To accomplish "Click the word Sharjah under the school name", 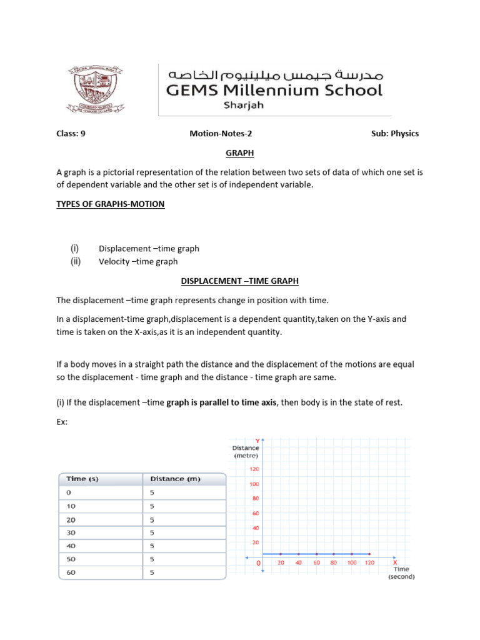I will coord(243,105).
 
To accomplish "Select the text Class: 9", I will coord(71,133).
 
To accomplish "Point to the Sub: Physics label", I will coord(395,133).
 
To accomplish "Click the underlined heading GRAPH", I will coord(240,153).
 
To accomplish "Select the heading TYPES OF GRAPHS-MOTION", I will coord(111,204).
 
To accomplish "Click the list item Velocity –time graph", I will coord(138,261).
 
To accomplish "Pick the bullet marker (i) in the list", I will coord(76,248).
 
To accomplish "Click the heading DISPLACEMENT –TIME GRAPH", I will coord(240,282).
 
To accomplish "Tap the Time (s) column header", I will coord(82,479).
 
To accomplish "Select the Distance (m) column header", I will coord(175,479).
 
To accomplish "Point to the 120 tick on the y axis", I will coord(254,469).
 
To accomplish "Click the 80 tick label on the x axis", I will coord(334,562).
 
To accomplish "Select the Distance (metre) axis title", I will coord(246,451).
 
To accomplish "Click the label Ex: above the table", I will coord(62,422).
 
